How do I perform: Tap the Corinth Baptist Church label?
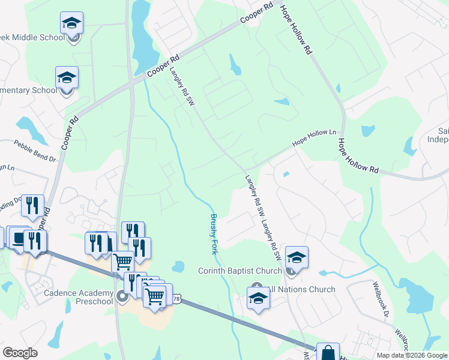(x=240, y=271)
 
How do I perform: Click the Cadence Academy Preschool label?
(x=79, y=296)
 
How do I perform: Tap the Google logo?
(x=20, y=353)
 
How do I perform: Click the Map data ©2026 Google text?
(x=411, y=355)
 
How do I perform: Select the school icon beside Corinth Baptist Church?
(x=297, y=257)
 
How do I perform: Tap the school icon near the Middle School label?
(x=72, y=23)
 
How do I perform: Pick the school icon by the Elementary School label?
(x=67, y=77)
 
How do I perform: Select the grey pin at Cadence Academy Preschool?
(x=122, y=296)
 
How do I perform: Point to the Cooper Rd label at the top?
(x=257, y=14)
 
